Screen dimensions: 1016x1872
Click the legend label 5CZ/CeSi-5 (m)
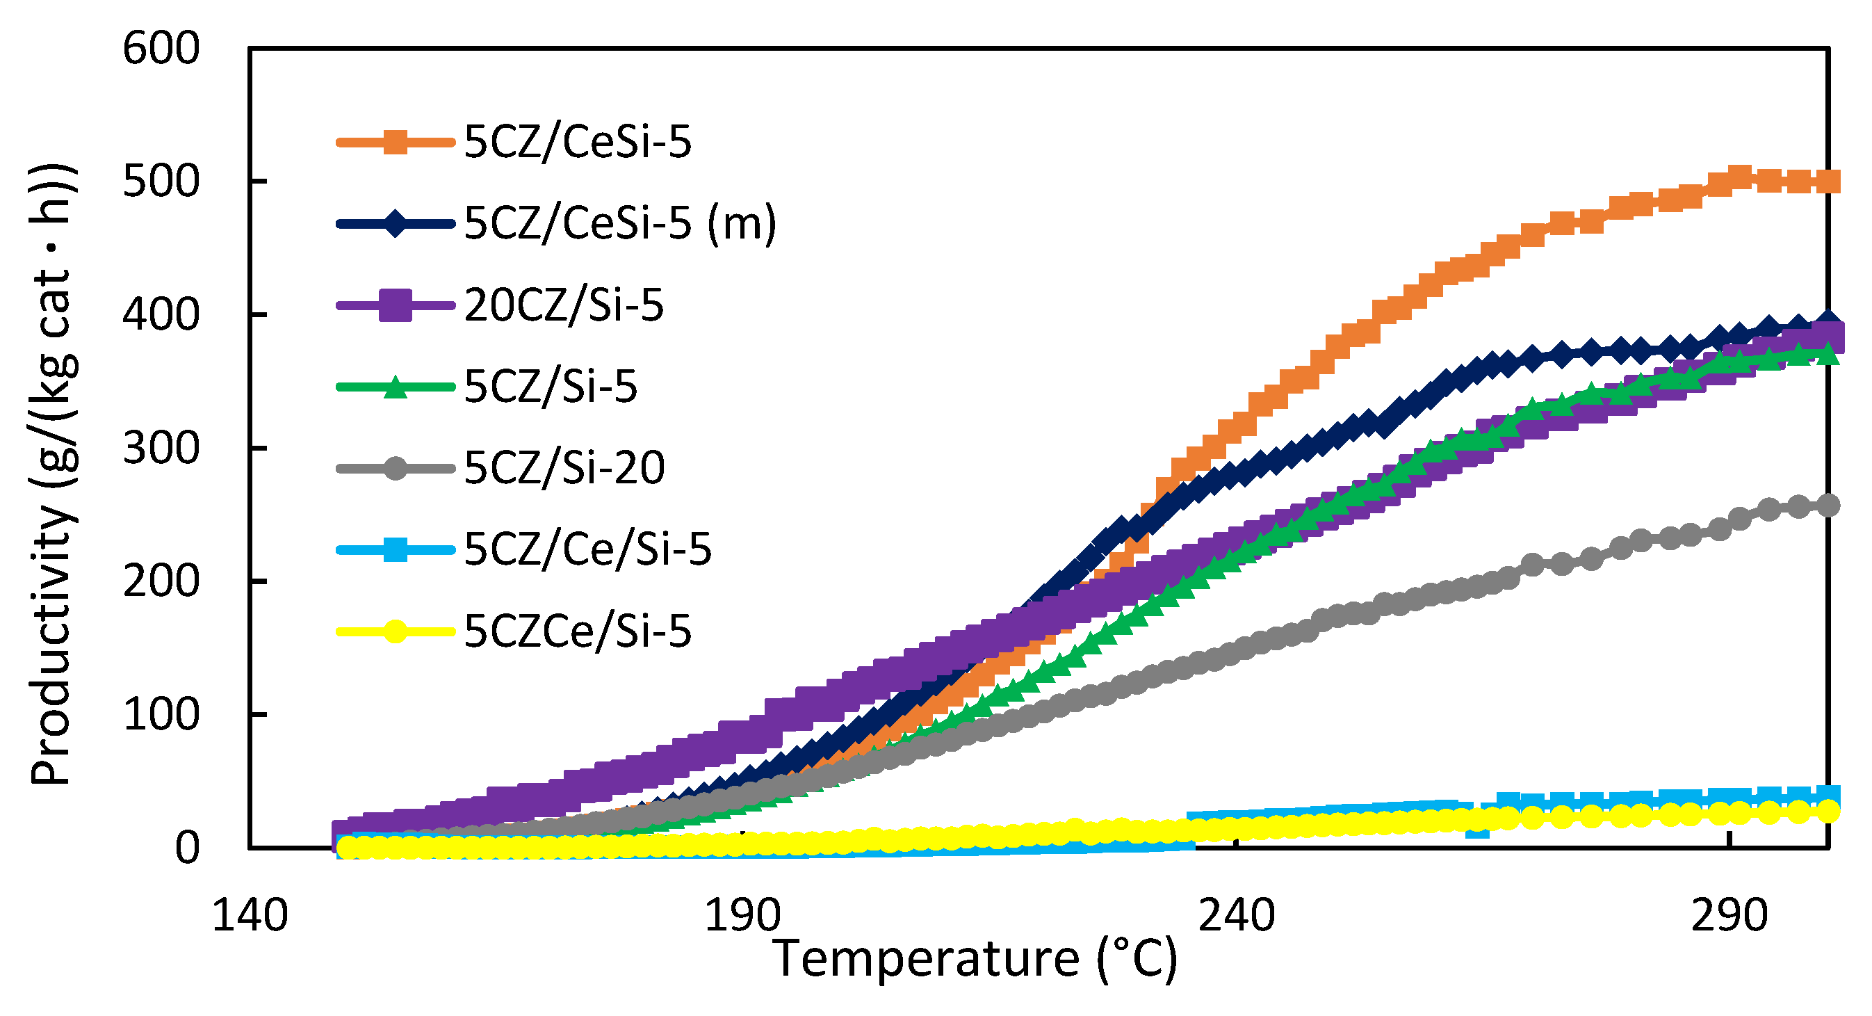tap(620, 223)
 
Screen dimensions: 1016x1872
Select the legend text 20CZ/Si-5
tap(564, 305)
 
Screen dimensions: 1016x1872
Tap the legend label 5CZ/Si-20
tap(564, 468)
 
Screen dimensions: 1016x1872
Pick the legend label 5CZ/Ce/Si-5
tap(587, 549)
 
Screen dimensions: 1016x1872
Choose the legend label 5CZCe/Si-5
tap(578, 631)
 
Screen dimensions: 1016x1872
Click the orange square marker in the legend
tap(396, 142)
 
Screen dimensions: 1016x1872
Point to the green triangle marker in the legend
tap(396, 387)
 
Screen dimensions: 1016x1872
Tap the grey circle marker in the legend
tap(396, 468)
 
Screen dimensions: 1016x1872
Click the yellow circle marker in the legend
tap(396, 631)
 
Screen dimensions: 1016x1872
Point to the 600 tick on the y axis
tap(161, 49)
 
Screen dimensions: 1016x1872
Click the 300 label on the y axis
tap(161, 449)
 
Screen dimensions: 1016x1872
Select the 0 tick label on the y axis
tap(187, 848)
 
